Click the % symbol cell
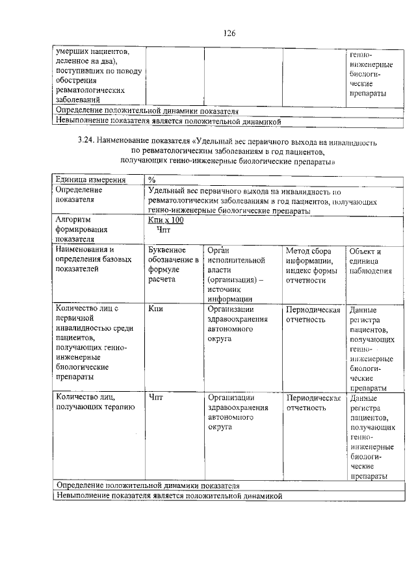tap(152, 179)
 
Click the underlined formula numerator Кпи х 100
tap(166, 221)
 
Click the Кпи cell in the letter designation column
tap(155, 309)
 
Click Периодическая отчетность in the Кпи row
tap(313, 314)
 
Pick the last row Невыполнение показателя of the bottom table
tap(169, 496)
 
